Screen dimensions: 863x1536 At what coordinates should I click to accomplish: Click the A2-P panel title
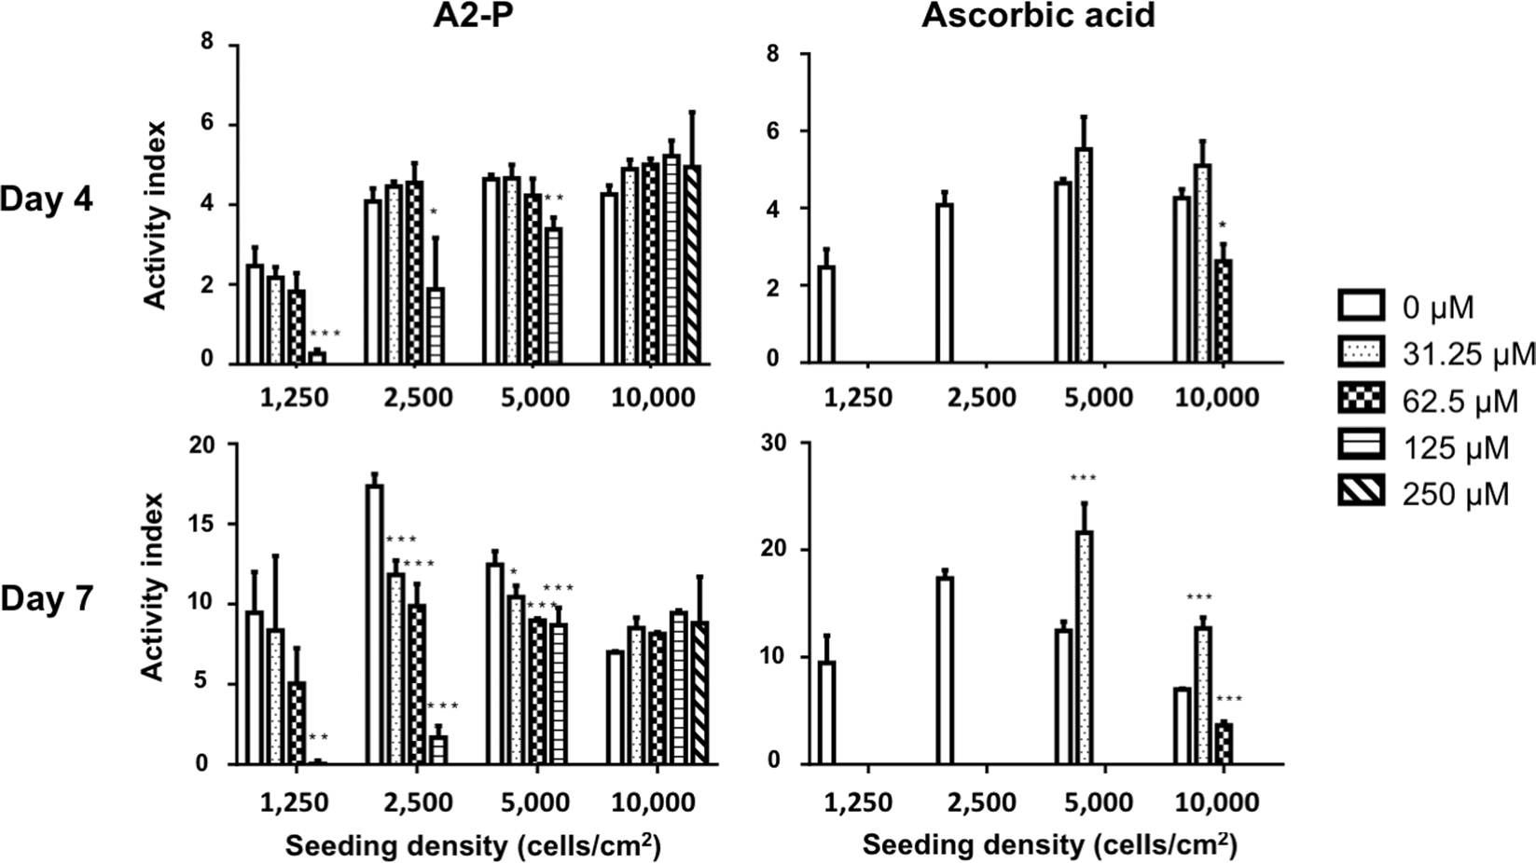pos(470,16)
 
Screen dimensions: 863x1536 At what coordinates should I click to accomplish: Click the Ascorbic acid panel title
pos(1038,16)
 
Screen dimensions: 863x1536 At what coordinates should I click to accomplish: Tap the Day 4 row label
pos(47,199)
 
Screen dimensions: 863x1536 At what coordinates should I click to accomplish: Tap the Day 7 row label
pos(47,598)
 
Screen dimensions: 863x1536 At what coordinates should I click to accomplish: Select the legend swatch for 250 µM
pos(1363,491)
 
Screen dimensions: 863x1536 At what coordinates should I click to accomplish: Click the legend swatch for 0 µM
pos(1363,306)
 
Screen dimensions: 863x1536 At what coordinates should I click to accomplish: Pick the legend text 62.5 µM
pos(1460,401)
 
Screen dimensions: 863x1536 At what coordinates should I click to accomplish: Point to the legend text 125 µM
pos(1455,447)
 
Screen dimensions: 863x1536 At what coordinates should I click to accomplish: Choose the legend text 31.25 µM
pos(1468,353)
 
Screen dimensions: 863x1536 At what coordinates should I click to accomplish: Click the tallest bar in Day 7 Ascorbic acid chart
pos(1084,648)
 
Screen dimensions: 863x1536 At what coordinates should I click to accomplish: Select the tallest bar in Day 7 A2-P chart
pos(375,623)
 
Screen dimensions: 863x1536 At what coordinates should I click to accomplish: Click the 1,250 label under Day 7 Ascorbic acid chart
pos(857,802)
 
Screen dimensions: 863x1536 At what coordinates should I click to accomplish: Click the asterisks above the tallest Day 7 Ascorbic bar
pos(1084,479)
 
